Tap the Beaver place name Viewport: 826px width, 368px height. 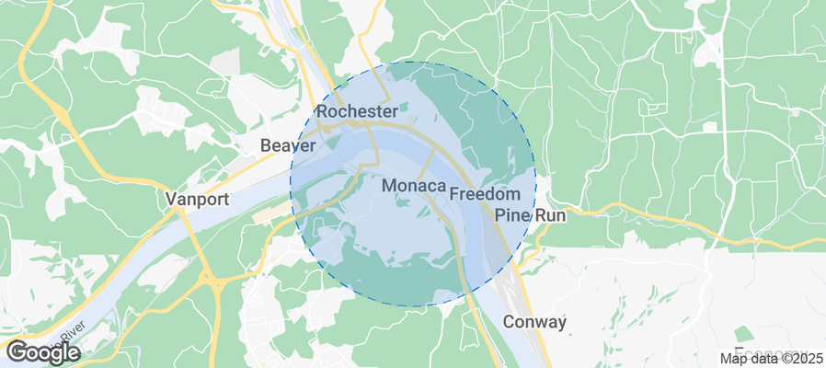pos(289,145)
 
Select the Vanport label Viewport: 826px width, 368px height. pos(197,199)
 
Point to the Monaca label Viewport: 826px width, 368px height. pos(413,186)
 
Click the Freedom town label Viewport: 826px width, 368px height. pos(485,195)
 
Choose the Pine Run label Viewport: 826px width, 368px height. pos(531,214)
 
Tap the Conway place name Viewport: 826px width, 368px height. pos(534,322)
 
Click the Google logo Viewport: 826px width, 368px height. pos(42,352)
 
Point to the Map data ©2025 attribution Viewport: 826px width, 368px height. pos(771,358)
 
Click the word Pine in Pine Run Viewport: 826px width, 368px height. pos(513,214)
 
